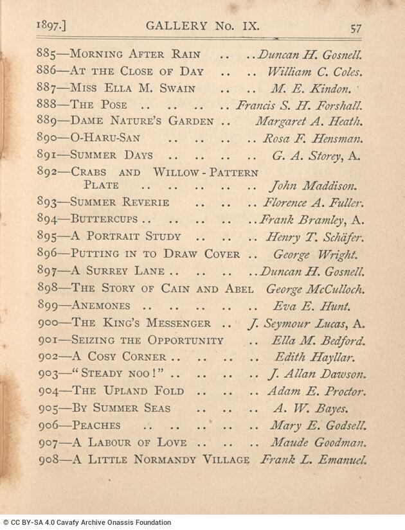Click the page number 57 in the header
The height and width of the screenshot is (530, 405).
tap(356, 28)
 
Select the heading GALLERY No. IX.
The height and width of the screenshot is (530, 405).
tap(202, 26)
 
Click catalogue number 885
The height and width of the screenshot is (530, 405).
tap(48, 55)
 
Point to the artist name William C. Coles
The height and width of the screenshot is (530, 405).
tap(314, 72)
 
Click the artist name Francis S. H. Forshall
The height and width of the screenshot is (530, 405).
tap(299, 105)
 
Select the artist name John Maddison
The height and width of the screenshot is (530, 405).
tap(312, 186)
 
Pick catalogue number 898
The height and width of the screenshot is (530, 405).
tap(48, 288)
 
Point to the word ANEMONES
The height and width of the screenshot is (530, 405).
tap(101, 306)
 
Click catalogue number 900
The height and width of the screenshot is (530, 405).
tap(48, 323)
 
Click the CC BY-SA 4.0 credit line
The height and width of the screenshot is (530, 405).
tap(87, 523)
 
